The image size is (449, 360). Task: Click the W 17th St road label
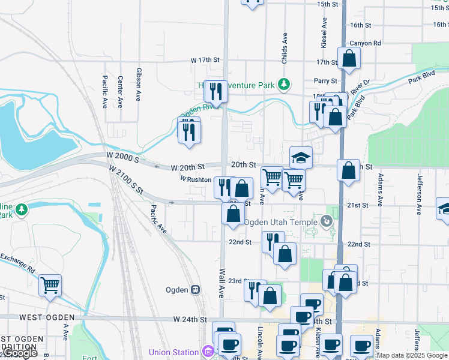(x=205, y=61)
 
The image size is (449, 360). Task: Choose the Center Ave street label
(x=121, y=91)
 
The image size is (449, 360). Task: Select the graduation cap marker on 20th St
(x=301, y=158)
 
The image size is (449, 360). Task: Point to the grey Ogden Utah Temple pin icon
(x=327, y=221)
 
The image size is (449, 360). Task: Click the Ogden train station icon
(x=195, y=290)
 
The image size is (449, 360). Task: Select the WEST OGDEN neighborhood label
(x=47, y=317)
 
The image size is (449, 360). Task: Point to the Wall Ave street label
(x=221, y=282)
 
